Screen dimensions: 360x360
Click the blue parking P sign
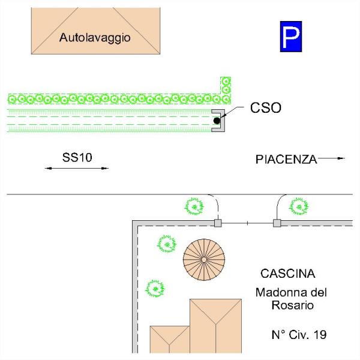[x=291, y=37]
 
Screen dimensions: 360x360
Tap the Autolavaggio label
[x=95, y=38]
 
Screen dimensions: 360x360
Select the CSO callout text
[x=266, y=107]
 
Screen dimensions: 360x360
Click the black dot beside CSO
[x=217, y=121]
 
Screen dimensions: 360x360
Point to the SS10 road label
[x=77, y=157]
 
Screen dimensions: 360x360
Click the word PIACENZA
[x=286, y=160]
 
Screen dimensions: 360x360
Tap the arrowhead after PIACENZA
[x=341, y=158]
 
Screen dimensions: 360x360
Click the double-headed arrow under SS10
[x=77, y=168]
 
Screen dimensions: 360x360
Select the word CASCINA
[x=287, y=274]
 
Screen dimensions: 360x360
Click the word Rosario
[x=293, y=305]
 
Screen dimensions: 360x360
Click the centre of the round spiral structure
[x=204, y=259]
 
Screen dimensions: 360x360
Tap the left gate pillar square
[x=218, y=223]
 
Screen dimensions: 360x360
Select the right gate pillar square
[x=277, y=223]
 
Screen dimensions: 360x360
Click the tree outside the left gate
[x=194, y=206]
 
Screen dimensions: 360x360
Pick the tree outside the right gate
[x=299, y=206]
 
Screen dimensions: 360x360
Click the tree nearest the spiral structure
[x=167, y=244]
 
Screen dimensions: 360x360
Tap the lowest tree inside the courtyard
[x=155, y=289]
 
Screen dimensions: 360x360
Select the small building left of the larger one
[x=170, y=340]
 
